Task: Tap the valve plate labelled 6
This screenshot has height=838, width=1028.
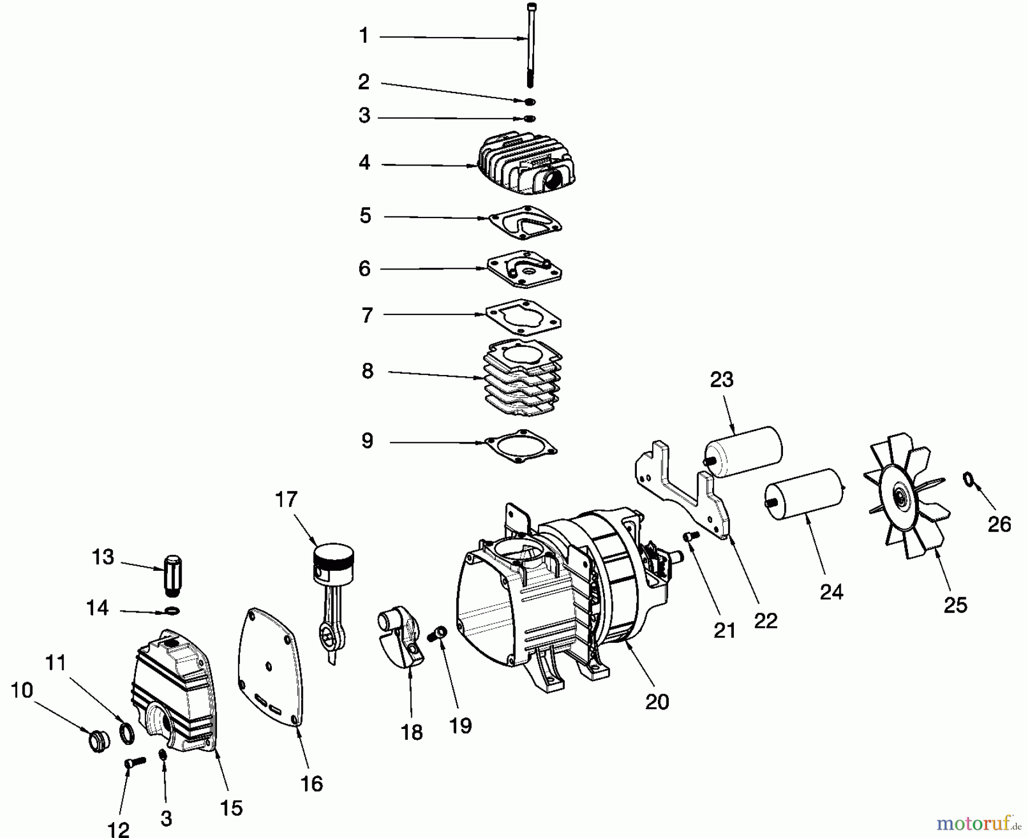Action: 524,268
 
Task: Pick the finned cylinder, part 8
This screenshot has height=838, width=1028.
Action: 523,377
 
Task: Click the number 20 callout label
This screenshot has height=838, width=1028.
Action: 657,702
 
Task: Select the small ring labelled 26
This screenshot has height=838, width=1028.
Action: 969,479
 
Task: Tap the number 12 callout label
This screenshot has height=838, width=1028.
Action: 118,828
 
